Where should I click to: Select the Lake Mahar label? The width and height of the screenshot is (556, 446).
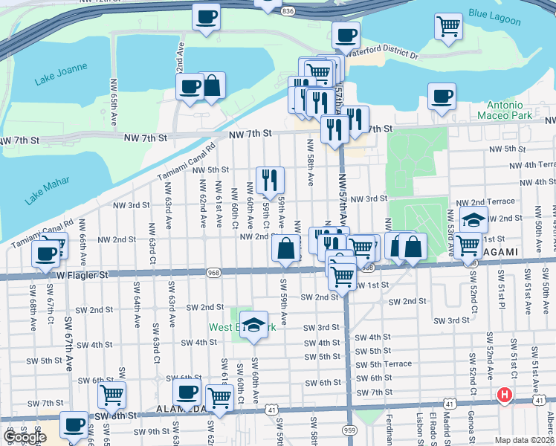(47, 191)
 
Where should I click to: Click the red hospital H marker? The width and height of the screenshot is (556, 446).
(505, 395)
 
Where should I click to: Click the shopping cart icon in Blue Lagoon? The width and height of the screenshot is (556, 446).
(449, 27)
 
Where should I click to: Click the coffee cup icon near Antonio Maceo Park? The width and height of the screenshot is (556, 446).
(442, 96)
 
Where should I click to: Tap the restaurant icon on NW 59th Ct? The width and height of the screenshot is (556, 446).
(270, 179)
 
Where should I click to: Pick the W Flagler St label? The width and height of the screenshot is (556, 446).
(84, 275)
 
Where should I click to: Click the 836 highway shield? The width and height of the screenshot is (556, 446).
(288, 12)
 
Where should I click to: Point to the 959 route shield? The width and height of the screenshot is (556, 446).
(349, 430)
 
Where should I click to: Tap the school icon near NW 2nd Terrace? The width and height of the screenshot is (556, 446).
(473, 219)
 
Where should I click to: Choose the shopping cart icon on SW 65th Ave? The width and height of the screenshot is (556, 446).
(111, 395)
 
